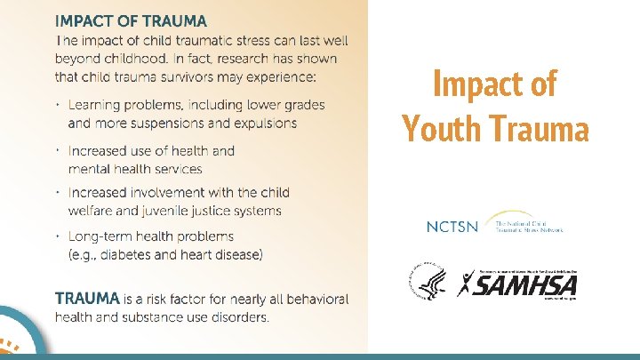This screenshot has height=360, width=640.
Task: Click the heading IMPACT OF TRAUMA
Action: click(131, 20)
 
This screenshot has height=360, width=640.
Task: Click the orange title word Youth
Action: click(442, 128)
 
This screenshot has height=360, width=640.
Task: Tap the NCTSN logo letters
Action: click(452, 227)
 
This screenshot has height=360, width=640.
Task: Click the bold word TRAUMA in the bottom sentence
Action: click(87, 299)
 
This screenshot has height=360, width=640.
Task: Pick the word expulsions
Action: click(264, 123)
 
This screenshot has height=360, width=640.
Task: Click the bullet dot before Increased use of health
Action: click(57, 151)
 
